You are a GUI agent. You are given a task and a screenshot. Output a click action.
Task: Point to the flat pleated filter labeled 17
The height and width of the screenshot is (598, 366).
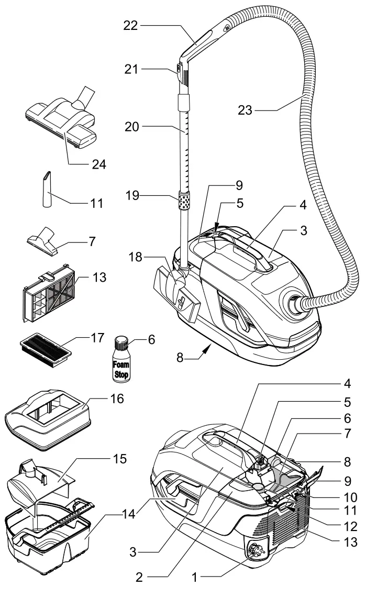pos(44,348)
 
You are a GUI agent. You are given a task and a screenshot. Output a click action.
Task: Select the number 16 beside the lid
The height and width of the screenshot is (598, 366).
pos(117,400)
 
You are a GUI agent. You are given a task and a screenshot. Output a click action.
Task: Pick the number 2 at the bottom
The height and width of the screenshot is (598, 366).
pos(138,578)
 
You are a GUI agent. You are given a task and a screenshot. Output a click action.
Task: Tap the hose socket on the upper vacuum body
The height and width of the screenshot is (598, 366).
pos(294,303)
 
